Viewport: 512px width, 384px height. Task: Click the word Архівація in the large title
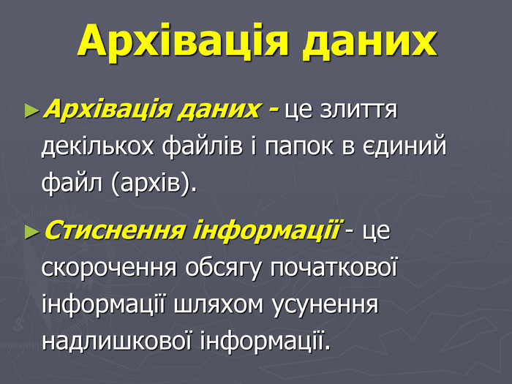pos(183,42)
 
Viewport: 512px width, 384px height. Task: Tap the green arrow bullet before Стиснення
pos(32,232)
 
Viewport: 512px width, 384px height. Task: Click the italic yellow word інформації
pos(266,230)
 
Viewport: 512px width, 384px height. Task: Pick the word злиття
pos(358,110)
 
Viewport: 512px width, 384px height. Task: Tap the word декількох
pos(97,146)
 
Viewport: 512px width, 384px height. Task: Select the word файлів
pos(203,146)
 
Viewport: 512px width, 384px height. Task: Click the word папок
pos(299,146)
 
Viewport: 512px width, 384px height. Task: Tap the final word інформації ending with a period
pos(266,340)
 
